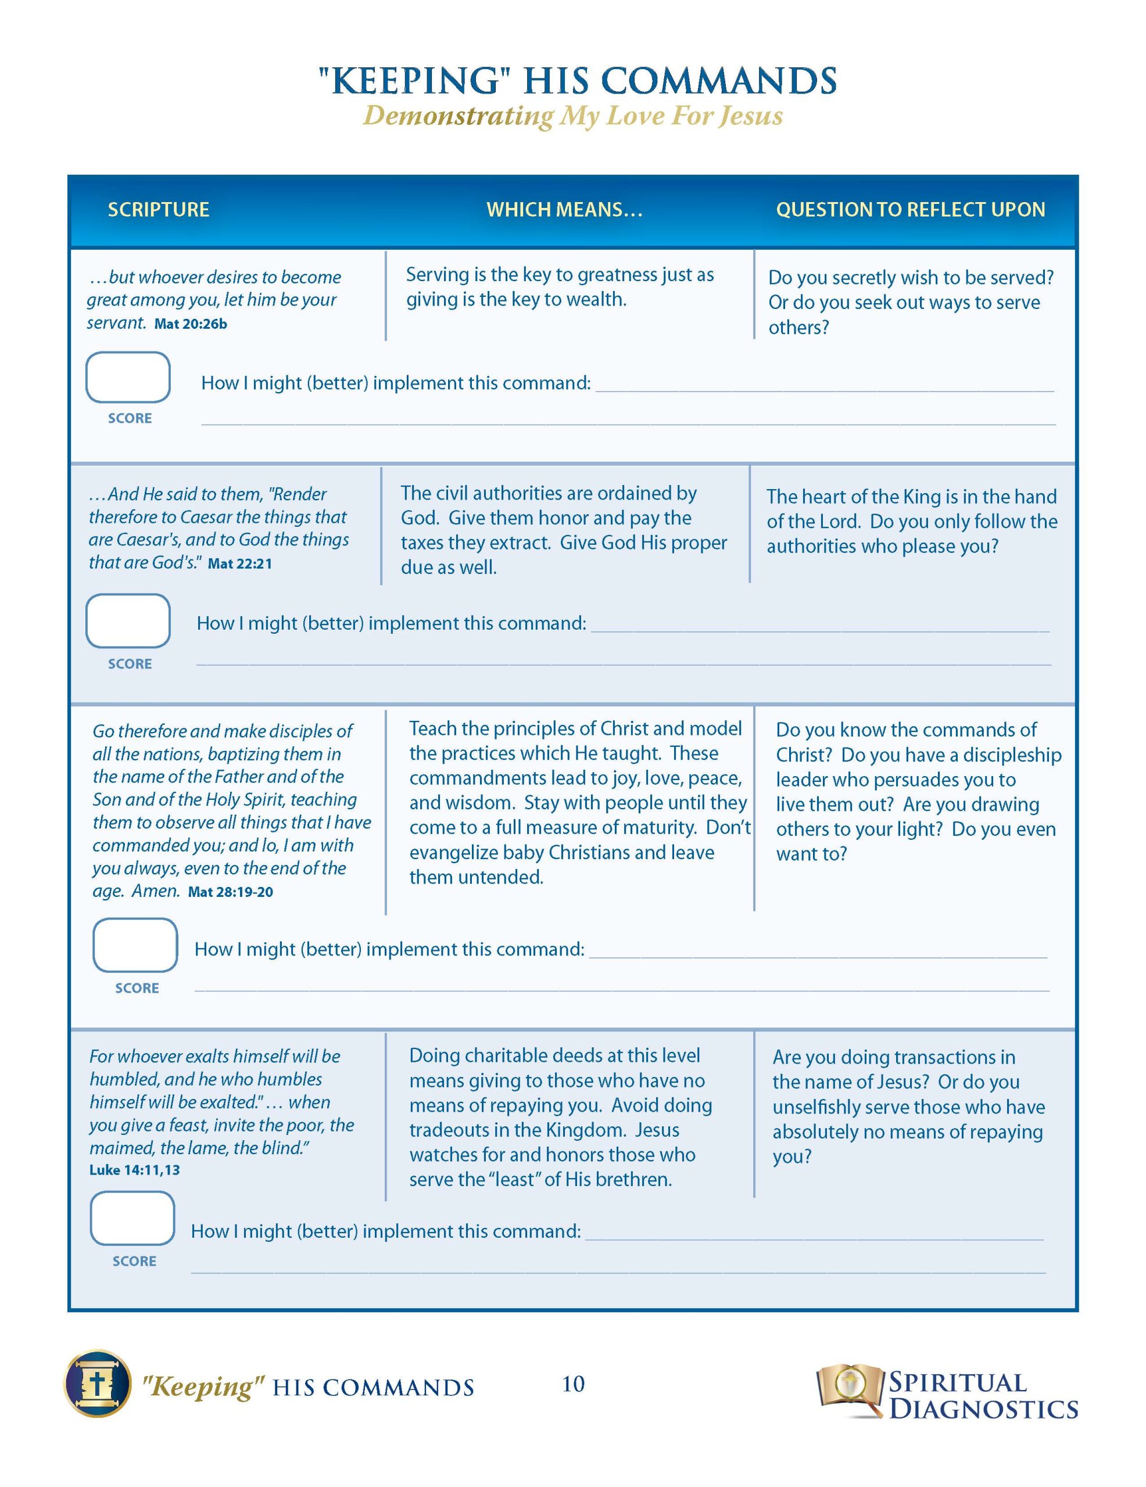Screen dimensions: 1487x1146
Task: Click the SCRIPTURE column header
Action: pyautogui.click(x=158, y=210)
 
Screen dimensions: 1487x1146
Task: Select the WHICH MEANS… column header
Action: pyautogui.click(x=564, y=210)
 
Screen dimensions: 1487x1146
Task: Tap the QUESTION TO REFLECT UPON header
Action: pyautogui.click(x=910, y=210)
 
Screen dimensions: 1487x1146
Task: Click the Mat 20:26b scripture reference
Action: pyautogui.click(x=191, y=324)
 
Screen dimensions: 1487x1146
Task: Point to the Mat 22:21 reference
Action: pyautogui.click(x=239, y=564)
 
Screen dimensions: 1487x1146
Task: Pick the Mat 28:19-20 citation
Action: pyautogui.click(x=230, y=892)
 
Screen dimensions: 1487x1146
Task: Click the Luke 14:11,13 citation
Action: pyautogui.click(x=135, y=1170)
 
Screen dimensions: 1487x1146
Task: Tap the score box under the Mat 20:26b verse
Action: pyautogui.click(x=128, y=377)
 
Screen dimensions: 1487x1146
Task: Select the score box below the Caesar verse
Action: pyautogui.click(x=128, y=620)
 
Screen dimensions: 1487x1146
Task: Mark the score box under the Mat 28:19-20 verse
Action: pyautogui.click(x=135, y=945)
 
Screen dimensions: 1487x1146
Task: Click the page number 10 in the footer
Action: pyautogui.click(x=573, y=1384)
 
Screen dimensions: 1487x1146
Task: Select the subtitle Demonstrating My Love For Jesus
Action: pyautogui.click(x=572, y=116)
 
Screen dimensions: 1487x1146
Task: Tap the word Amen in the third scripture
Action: pyautogui.click(x=154, y=891)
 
